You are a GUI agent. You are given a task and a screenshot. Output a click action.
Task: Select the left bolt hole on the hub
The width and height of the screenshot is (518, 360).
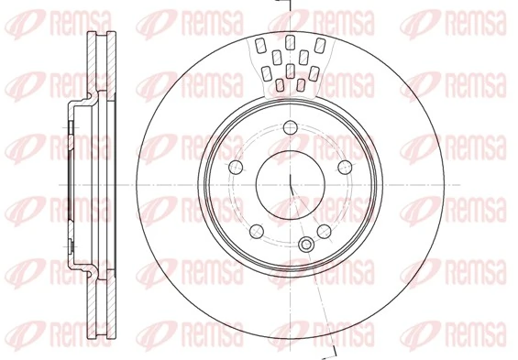[235, 167]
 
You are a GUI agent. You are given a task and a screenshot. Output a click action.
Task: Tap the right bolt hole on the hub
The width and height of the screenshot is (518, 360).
[345, 167]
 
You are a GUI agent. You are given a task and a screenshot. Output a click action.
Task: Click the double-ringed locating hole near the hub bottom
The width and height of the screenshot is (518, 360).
[306, 244]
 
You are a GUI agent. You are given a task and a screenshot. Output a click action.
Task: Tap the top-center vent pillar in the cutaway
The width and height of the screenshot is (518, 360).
[290, 41]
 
